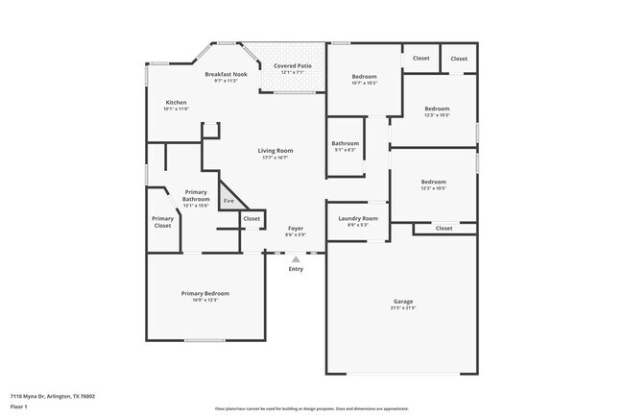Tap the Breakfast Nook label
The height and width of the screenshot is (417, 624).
[x=227, y=74]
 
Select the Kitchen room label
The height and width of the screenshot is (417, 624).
[x=176, y=103]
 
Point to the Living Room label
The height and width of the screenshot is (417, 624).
[x=275, y=151]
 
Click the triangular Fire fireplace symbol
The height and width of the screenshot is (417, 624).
[x=229, y=200]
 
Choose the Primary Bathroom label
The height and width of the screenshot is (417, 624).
[x=196, y=195]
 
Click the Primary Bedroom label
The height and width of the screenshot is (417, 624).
[x=205, y=293]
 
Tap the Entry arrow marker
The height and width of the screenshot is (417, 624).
[x=296, y=258]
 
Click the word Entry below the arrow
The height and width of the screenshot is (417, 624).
[x=296, y=269]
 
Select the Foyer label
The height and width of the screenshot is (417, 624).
[x=296, y=229]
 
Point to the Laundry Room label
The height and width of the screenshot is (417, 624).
[x=357, y=218]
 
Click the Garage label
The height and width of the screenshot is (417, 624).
[x=402, y=301]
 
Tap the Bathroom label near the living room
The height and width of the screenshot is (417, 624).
[x=345, y=143]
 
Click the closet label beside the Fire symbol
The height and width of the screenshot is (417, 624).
[x=252, y=219]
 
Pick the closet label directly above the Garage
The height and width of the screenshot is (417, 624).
[x=444, y=228]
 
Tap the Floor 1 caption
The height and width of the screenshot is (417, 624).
[x=19, y=405]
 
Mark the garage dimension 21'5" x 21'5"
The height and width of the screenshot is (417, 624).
[x=402, y=308]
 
